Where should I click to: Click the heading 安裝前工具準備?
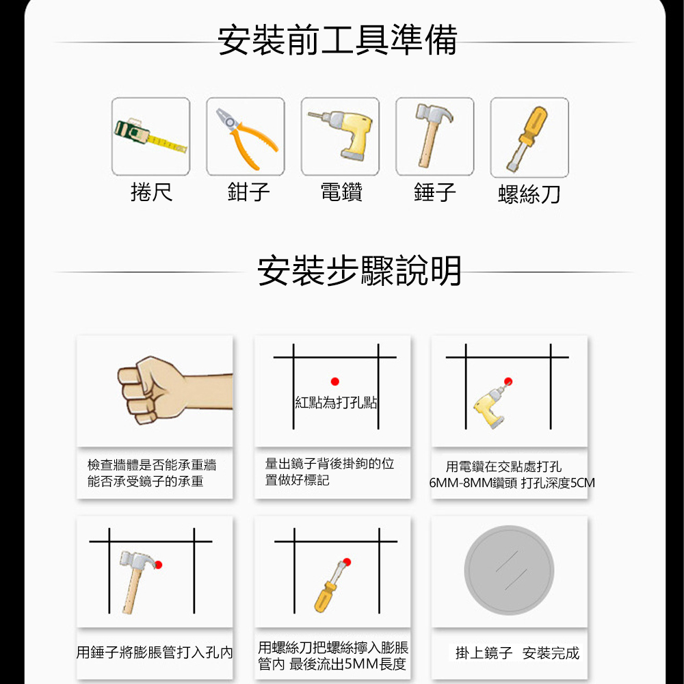point(337,40)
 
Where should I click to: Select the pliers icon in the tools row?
point(246,137)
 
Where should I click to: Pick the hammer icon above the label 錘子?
point(433,135)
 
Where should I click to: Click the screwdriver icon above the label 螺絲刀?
point(527,139)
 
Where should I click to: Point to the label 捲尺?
point(151,192)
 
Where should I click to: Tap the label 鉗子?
point(249,192)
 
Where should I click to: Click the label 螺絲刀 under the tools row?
point(529,194)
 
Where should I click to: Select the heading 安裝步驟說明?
point(359,270)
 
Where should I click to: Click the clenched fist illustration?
point(174,391)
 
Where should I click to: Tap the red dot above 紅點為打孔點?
point(335,382)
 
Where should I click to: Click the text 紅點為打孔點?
point(336,402)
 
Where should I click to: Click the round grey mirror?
point(509,570)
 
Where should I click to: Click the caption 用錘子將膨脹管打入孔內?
point(155,653)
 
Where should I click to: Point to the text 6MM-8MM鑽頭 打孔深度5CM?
point(512,483)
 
